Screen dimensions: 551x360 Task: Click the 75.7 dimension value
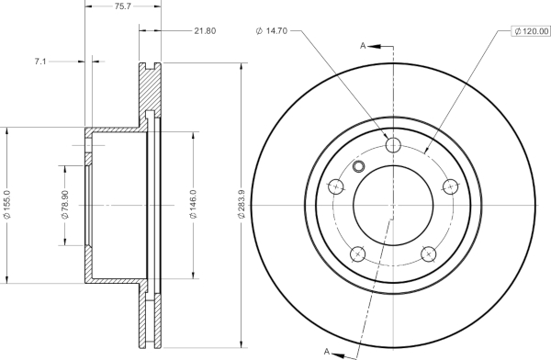click(x=123, y=6)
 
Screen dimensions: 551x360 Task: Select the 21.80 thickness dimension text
click(x=205, y=31)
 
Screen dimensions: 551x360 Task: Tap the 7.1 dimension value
click(x=40, y=62)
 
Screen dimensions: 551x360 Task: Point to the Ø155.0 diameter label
click(x=7, y=205)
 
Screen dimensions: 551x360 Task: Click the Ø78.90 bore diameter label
click(x=65, y=205)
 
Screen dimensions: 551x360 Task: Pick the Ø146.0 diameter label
click(x=193, y=204)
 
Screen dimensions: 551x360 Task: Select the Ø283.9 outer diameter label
click(x=241, y=204)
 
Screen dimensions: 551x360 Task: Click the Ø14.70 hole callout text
click(x=271, y=31)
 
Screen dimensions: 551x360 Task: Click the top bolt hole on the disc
click(x=393, y=145)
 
